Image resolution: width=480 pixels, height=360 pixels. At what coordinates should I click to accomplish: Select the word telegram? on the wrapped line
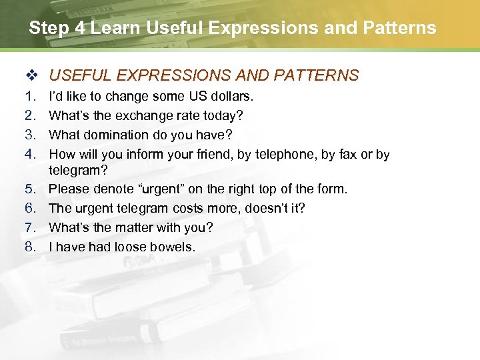pyautogui.click(x=79, y=170)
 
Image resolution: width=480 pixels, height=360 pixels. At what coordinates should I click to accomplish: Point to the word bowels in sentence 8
pyautogui.click(x=174, y=247)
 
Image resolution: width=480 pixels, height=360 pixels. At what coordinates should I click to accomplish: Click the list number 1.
pyautogui.click(x=29, y=97)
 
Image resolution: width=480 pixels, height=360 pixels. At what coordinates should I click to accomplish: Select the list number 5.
pyautogui.click(x=29, y=189)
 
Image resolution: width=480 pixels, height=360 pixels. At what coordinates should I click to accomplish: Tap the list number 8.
pyautogui.click(x=29, y=247)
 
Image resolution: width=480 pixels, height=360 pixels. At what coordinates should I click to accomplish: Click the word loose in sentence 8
pyautogui.click(x=131, y=247)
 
